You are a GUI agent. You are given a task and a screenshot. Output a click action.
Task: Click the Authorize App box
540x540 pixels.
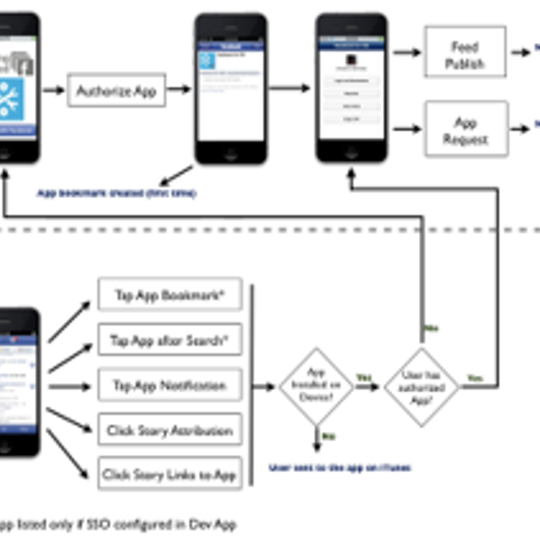pos(116,90)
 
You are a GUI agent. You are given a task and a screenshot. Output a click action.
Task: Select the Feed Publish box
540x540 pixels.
pos(465,52)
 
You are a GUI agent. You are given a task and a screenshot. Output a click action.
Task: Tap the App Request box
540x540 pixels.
pos(466,129)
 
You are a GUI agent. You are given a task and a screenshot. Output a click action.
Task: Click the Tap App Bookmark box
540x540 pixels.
pos(170,295)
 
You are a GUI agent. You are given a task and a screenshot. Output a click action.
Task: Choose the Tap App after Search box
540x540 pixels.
pos(170,340)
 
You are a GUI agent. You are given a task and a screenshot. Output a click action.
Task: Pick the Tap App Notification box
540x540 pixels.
pos(170,385)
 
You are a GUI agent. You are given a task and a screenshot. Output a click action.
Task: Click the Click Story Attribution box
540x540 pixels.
pos(170,430)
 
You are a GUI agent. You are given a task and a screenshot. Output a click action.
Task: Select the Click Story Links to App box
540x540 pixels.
pos(170,474)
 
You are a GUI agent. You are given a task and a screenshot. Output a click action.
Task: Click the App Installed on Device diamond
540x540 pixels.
pos(316,386)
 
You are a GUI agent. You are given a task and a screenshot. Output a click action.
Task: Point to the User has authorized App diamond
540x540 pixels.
pos(422,387)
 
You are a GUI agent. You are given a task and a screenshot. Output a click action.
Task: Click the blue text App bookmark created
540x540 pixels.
pos(116,193)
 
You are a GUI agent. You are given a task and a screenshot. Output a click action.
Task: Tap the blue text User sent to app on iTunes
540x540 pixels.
pos(340,468)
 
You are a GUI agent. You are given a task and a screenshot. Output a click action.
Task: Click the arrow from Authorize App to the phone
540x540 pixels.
pos(179,89)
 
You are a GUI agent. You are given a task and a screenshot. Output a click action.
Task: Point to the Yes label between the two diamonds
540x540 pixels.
pos(364,377)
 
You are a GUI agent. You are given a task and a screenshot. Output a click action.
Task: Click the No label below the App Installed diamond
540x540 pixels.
pos(328,436)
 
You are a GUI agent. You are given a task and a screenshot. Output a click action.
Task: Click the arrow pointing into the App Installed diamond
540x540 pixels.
pos(264,387)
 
